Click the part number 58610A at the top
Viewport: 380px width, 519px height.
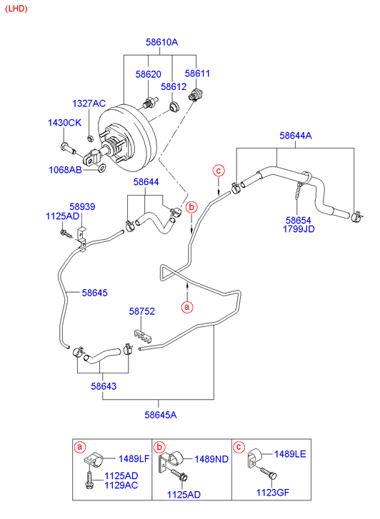[x=161, y=42]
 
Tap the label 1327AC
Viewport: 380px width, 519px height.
[x=89, y=104]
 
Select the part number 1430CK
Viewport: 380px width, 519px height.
[x=64, y=123]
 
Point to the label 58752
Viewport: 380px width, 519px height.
[x=142, y=311]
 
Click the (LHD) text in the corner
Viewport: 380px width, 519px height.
[x=16, y=9]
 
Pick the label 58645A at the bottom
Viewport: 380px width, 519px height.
[x=161, y=415]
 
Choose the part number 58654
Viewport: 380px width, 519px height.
[x=298, y=221]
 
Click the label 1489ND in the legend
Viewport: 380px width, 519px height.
[x=211, y=460]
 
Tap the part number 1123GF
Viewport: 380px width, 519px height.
[x=273, y=493]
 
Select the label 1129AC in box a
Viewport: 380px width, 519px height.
[x=121, y=485]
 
